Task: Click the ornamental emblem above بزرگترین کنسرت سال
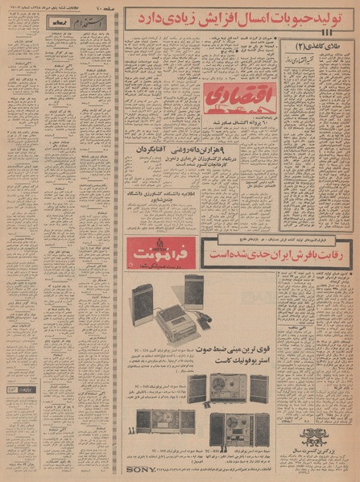click(314, 439)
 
